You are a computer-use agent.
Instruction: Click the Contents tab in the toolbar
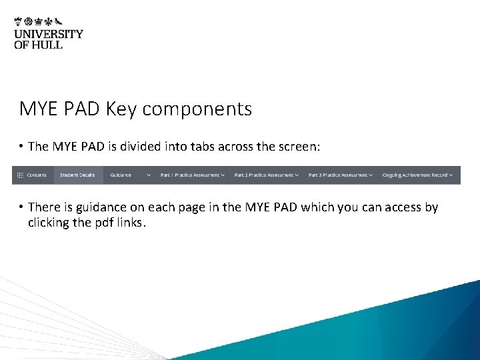(x=37, y=175)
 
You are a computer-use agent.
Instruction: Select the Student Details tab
(x=77, y=175)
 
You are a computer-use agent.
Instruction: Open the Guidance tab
(x=121, y=175)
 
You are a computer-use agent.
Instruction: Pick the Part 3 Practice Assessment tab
(x=338, y=175)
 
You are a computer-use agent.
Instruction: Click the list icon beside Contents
(x=20, y=175)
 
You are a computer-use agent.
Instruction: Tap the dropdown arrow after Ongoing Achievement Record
(x=451, y=175)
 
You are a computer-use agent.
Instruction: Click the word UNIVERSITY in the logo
(x=49, y=34)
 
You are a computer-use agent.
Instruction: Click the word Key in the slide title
(x=121, y=109)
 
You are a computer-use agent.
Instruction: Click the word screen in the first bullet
(x=299, y=147)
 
